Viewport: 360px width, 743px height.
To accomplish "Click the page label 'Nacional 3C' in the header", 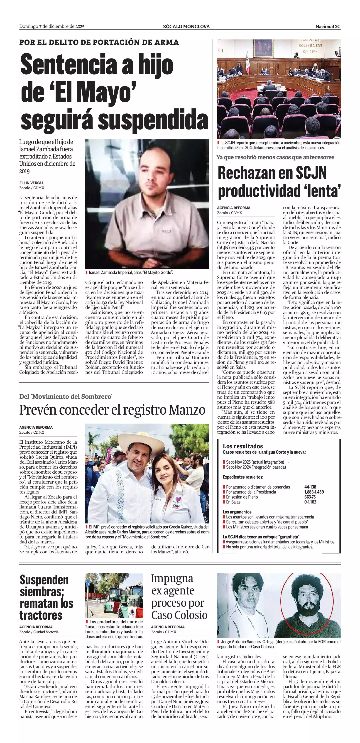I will pyautogui.click(x=328, y=27).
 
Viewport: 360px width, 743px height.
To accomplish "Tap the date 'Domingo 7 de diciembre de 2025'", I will pyautogui.click(x=52, y=27).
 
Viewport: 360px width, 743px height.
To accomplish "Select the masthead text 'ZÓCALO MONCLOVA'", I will pyautogui.click(x=186, y=27).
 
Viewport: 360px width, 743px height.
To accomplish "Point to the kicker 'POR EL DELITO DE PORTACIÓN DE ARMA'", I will pyautogui.click(x=99, y=42).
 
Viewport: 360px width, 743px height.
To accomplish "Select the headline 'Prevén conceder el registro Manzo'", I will pyautogui.click(x=112, y=410).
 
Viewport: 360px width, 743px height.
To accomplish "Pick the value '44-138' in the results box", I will pyautogui.click(x=310, y=487).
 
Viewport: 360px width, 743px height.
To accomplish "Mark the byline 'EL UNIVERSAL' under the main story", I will pyautogui.click(x=32, y=183).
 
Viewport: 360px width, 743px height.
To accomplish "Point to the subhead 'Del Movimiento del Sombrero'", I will pyautogui.click(x=66, y=397).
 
